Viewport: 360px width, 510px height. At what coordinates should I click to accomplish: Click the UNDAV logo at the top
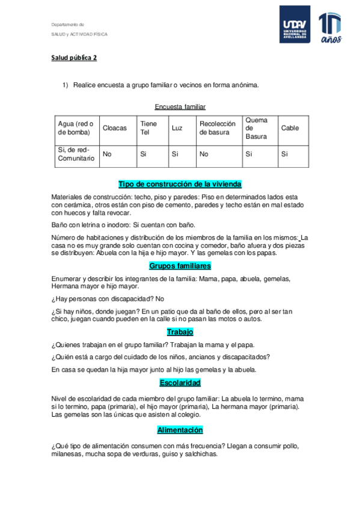(294, 25)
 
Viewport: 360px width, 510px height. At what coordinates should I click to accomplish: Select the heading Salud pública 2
(73, 58)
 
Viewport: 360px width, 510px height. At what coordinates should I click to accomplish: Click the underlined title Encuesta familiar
(180, 106)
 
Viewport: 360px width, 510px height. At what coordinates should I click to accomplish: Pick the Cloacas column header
(115, 128)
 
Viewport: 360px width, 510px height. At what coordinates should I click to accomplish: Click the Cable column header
(290, 128)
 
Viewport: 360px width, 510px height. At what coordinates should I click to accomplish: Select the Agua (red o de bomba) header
(76, 128)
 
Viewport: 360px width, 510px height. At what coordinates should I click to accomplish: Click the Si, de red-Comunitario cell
(76, 154)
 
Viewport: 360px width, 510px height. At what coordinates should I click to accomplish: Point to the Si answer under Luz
(175, 154)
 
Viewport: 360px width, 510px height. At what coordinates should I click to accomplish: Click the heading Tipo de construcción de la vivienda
(180, 184)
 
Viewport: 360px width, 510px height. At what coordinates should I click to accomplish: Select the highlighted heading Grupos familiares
(180, 265)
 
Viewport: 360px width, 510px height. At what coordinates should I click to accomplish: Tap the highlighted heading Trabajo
(180, 331)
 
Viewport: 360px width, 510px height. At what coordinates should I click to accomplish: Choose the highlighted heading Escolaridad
(180, 382)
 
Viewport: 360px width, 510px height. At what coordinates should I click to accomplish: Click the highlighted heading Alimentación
(180, 430)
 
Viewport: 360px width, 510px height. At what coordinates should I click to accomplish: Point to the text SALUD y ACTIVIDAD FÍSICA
(79, 34)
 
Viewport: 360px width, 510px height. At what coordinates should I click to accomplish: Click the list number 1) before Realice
(66, 85)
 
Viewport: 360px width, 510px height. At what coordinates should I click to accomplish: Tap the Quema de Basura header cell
(257, 128)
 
